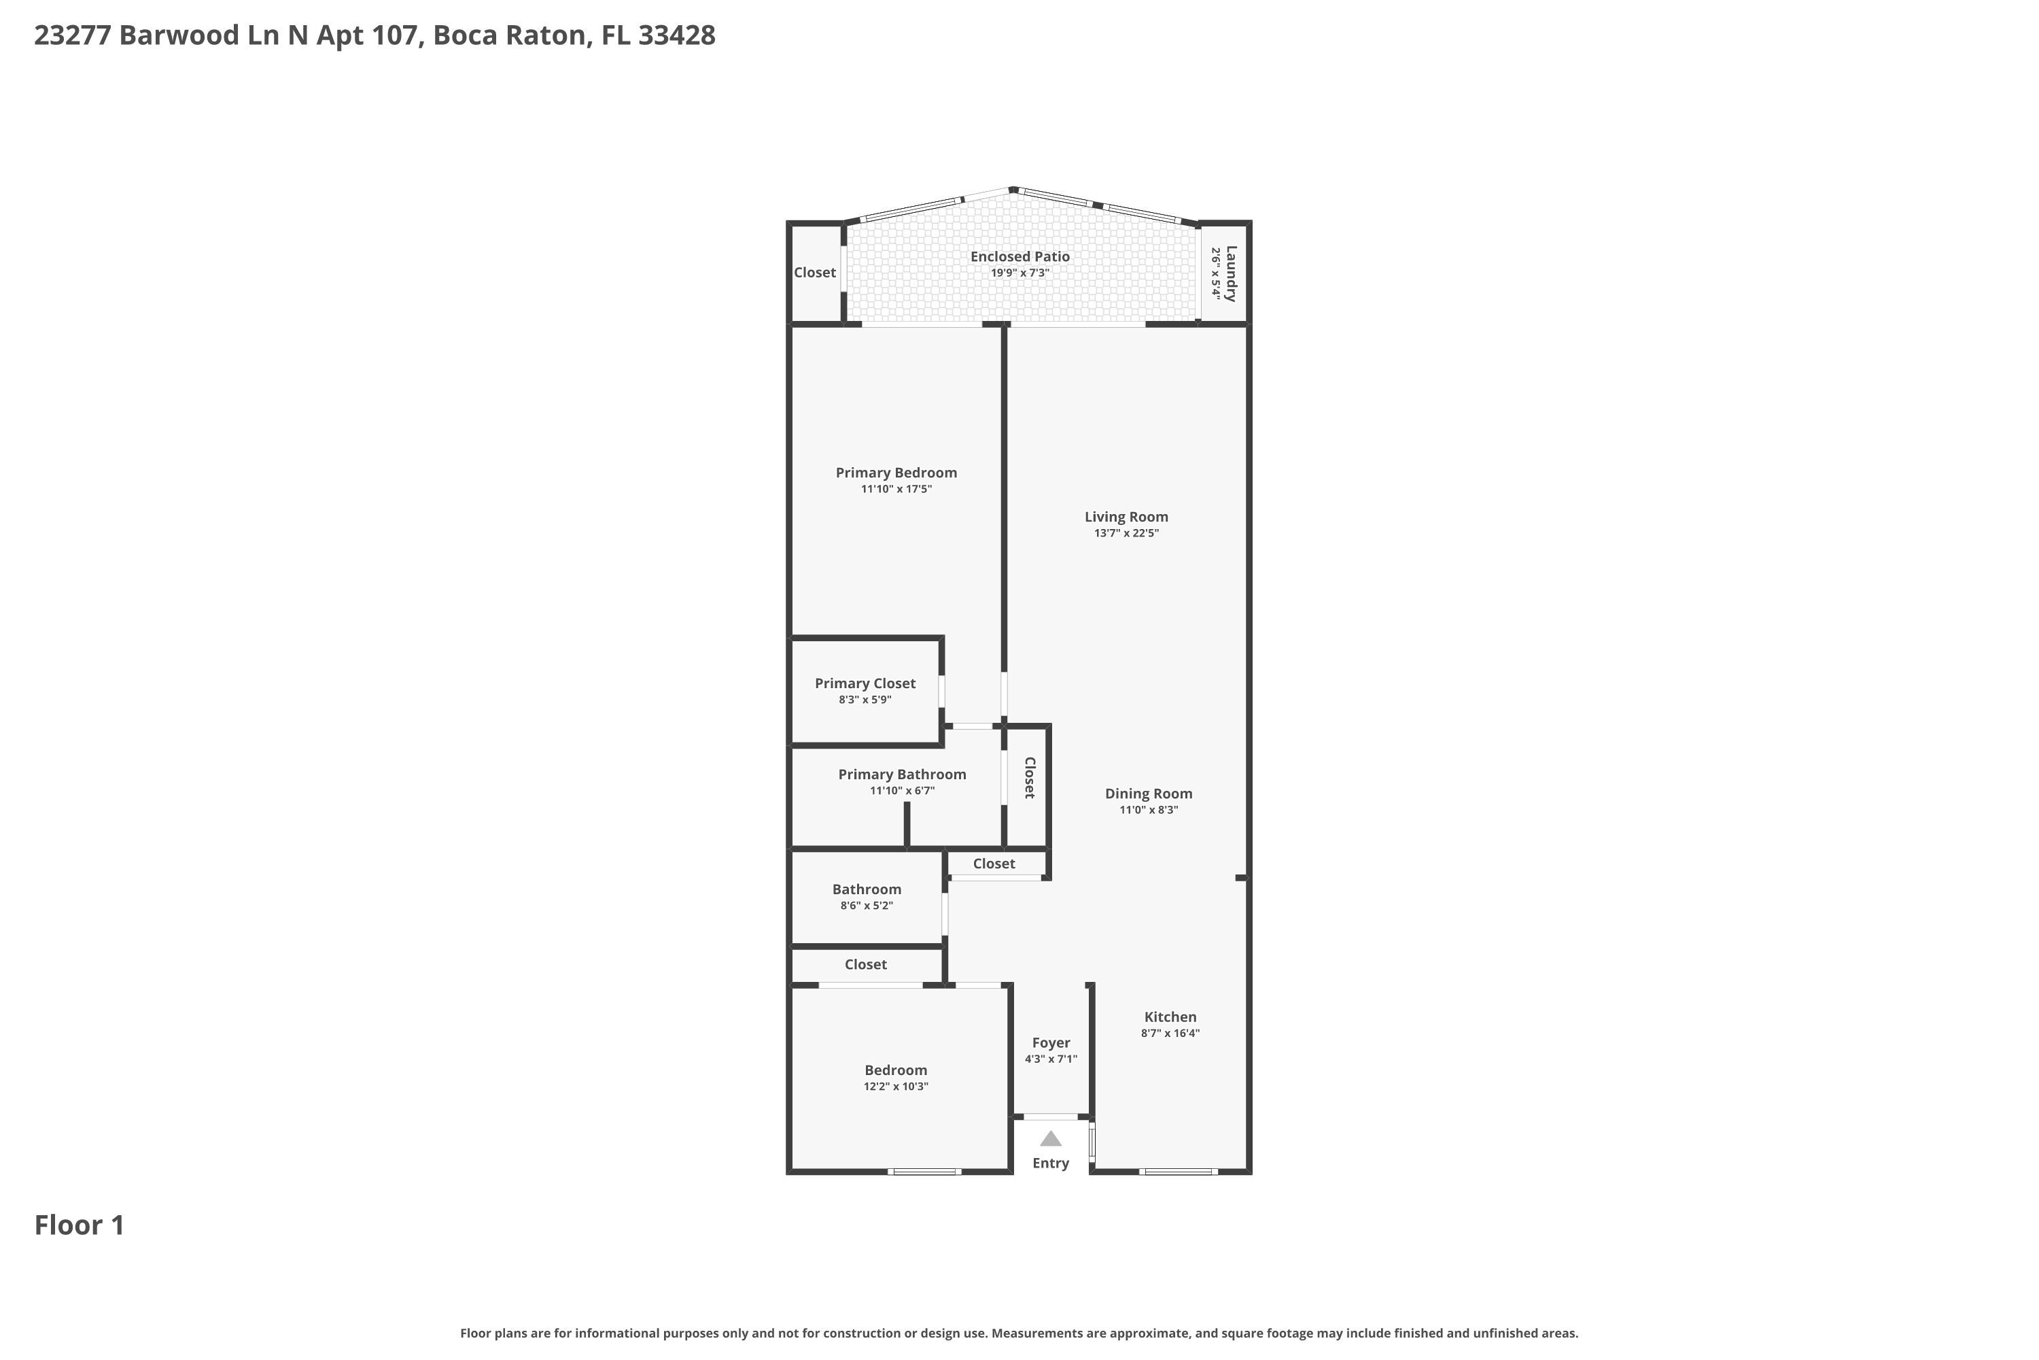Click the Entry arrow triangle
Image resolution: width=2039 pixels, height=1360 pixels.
click(1051, 1139)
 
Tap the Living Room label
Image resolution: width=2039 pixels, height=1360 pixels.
click(1126, 517)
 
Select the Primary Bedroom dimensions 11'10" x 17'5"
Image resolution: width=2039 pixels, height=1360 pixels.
click(896, 489)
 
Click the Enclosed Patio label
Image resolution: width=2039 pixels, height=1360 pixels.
click(1019, 257)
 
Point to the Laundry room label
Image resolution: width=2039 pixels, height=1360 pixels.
click(1231, 273)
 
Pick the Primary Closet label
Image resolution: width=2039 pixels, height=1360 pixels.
click(865, 683)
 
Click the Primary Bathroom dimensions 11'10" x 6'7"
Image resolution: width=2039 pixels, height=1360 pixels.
click(903, 791)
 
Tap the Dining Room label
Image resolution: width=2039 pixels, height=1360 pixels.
click(1149, 794)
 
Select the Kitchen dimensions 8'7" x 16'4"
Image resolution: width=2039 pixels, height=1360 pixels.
click(1170, 1033)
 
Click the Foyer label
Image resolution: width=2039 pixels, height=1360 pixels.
click(1051, 1043)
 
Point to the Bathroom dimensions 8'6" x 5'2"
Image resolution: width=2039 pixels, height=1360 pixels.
click(867, 906)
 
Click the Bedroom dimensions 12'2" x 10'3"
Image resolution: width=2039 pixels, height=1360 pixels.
click(896, 1087)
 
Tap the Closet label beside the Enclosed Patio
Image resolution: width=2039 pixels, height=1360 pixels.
click(815, 273)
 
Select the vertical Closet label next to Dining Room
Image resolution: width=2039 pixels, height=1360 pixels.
click(1029, 778)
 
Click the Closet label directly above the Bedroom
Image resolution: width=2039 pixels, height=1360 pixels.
click(866, 964)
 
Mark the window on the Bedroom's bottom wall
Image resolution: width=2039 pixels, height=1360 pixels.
click(925, 1172)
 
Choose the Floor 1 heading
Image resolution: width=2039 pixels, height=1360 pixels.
click(79, 1225)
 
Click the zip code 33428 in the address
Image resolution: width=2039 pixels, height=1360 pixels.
click(677, 35)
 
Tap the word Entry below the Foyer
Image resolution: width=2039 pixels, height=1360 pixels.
click(1051, 1163)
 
